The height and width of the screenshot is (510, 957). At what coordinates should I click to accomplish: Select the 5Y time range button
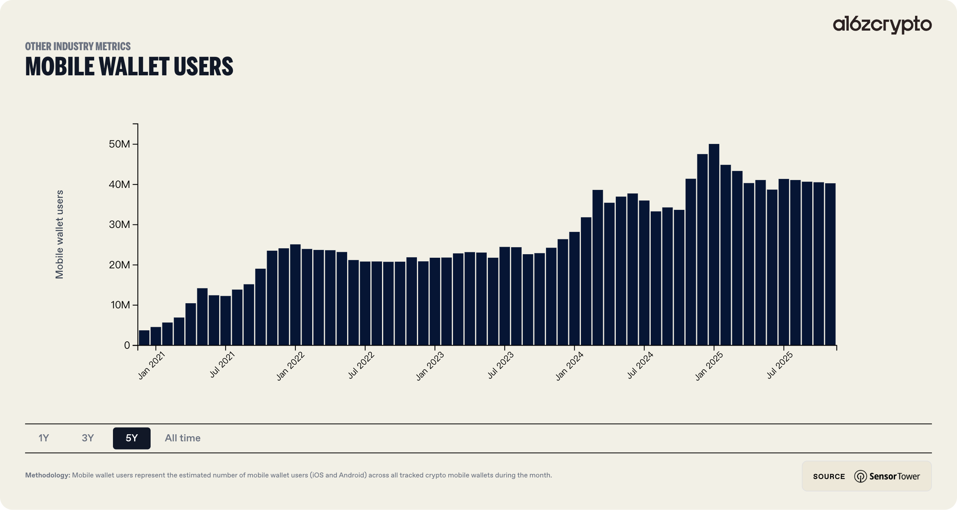131,438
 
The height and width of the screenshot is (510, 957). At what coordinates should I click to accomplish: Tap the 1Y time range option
44,438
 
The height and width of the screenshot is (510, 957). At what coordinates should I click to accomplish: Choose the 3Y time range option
87,438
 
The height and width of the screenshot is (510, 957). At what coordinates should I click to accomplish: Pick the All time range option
182,438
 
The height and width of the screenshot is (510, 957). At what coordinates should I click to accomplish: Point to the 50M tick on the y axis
119,144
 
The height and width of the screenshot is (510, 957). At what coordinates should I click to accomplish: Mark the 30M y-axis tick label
119,225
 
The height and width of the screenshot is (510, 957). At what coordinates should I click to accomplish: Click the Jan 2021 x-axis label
151,366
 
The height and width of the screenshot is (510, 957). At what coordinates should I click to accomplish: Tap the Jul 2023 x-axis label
500,366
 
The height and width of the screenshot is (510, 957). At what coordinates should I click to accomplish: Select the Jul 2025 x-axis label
780,366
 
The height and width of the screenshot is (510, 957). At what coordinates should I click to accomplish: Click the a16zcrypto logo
882,24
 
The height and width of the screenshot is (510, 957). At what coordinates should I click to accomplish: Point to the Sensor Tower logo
887,476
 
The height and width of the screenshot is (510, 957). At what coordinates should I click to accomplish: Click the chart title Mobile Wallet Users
129,66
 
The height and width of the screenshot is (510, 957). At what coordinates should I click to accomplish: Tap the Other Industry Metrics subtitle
78,46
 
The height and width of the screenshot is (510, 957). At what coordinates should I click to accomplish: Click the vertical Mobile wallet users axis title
60,235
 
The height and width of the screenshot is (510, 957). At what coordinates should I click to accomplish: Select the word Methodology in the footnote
47,475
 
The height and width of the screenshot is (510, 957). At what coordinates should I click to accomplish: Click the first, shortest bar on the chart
144,338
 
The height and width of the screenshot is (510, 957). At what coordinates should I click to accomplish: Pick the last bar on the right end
830,264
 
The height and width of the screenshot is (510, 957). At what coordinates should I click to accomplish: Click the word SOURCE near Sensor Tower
829,476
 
